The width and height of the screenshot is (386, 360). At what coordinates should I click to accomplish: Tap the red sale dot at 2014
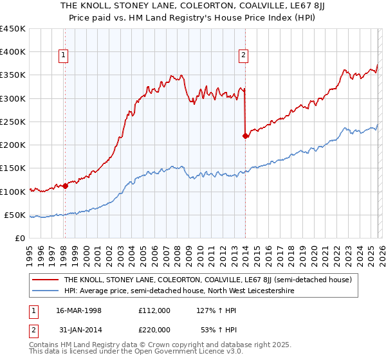(245, 136)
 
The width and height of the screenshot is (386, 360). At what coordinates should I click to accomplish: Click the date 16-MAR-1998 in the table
(78, 310)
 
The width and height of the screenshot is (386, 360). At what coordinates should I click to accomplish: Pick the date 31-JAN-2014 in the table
(78, 330)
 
